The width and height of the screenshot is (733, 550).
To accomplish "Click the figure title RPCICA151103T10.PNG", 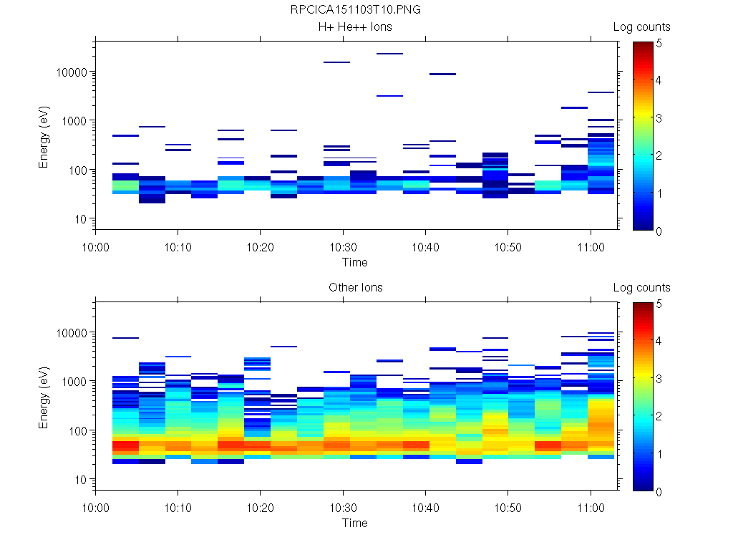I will (x=356, y=10).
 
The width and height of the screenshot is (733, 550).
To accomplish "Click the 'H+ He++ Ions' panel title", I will (x=356, y=27).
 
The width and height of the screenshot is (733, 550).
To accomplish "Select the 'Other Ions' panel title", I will (x=356, y=288).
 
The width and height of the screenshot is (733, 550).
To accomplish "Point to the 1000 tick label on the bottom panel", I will (x=75, y=382).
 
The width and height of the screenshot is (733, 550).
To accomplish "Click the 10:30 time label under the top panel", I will (x=343, y=247).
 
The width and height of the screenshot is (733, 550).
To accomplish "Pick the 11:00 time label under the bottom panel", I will (x=590, y=508).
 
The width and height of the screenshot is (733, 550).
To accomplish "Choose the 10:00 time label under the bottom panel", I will (x=96, y=508).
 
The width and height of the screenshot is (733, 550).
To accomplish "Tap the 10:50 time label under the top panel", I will (x=508, y=247).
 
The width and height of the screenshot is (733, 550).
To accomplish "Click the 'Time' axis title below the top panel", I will (x=354, y=262).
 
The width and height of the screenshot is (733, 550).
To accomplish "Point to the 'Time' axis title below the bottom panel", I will (x=354, y=523).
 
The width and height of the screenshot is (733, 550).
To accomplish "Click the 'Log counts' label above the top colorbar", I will (x=641, y=27).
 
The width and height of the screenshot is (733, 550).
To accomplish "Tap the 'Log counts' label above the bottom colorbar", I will (x=641, y=288).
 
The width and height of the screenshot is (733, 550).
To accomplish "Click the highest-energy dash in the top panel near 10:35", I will (x=389, y=54).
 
